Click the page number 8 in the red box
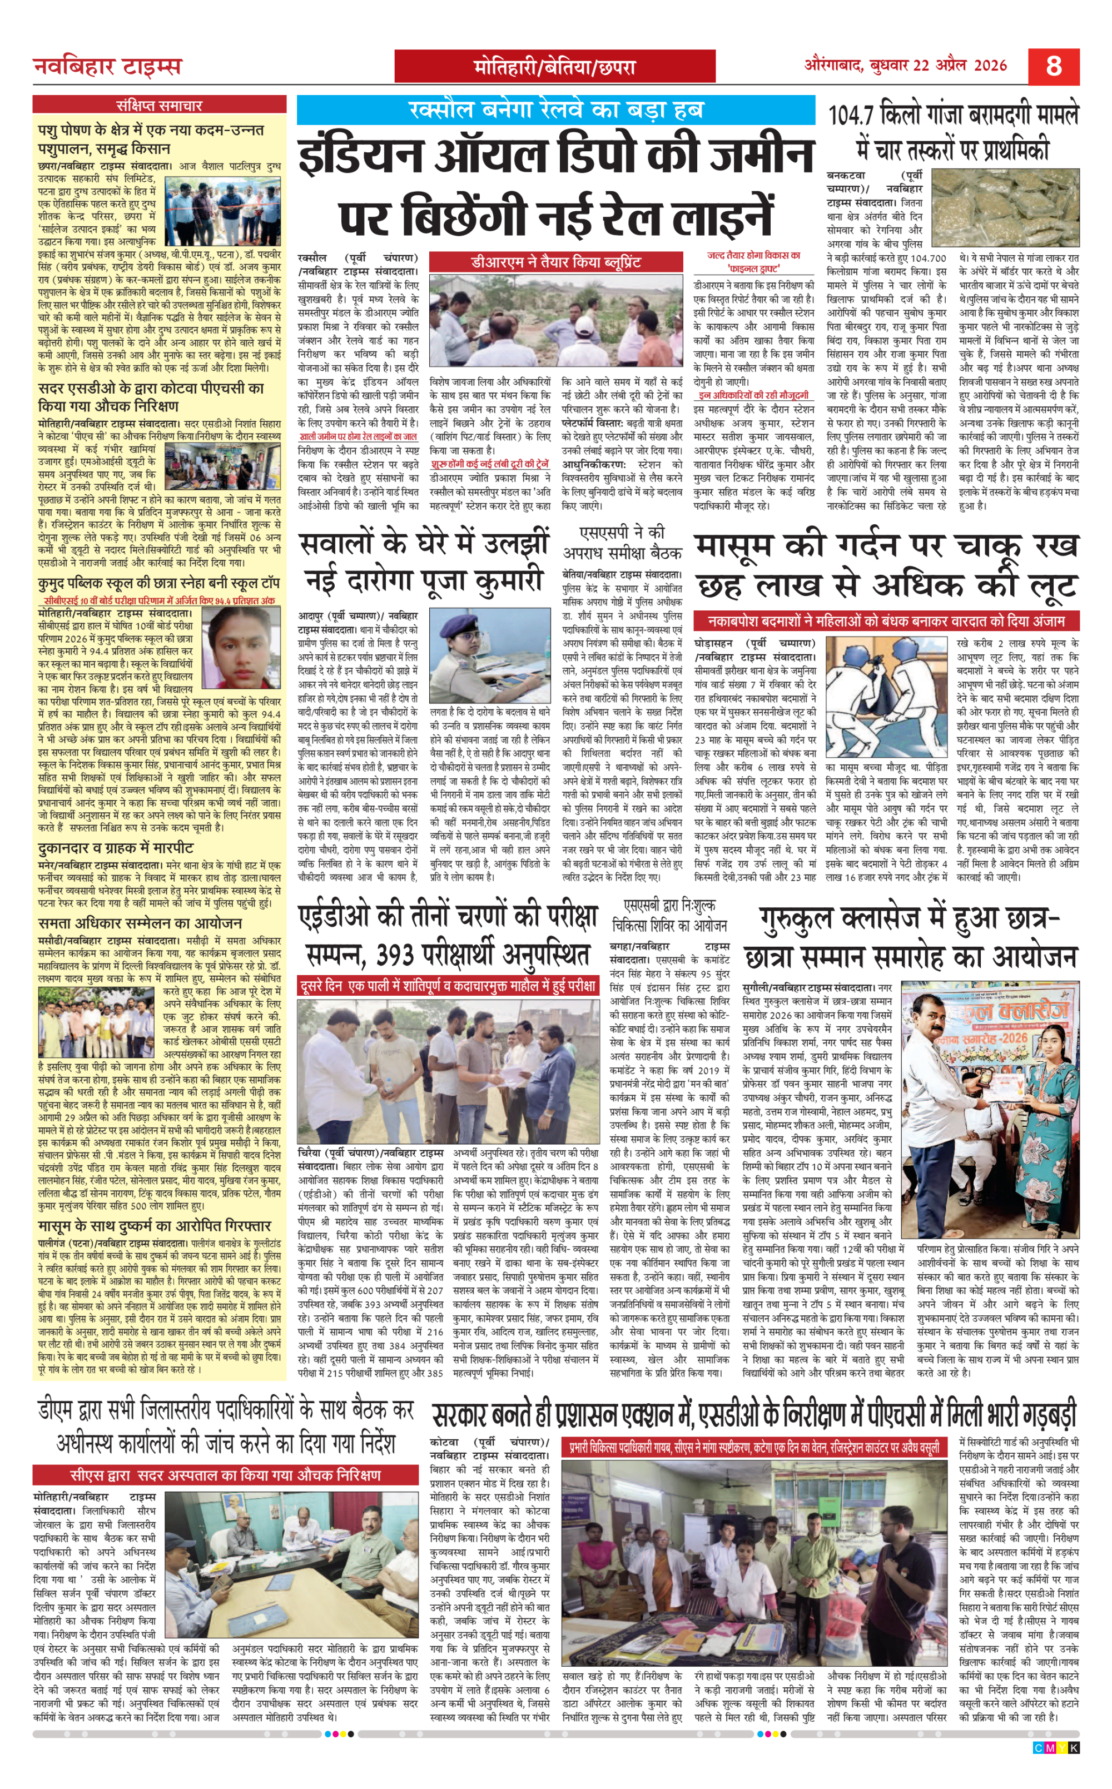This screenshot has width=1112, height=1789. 1054,66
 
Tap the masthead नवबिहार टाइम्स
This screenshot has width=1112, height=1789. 107,67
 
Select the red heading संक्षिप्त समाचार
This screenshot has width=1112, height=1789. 159,105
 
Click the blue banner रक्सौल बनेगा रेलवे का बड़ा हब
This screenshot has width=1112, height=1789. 556,110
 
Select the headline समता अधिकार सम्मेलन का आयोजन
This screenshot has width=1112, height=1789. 140,923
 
